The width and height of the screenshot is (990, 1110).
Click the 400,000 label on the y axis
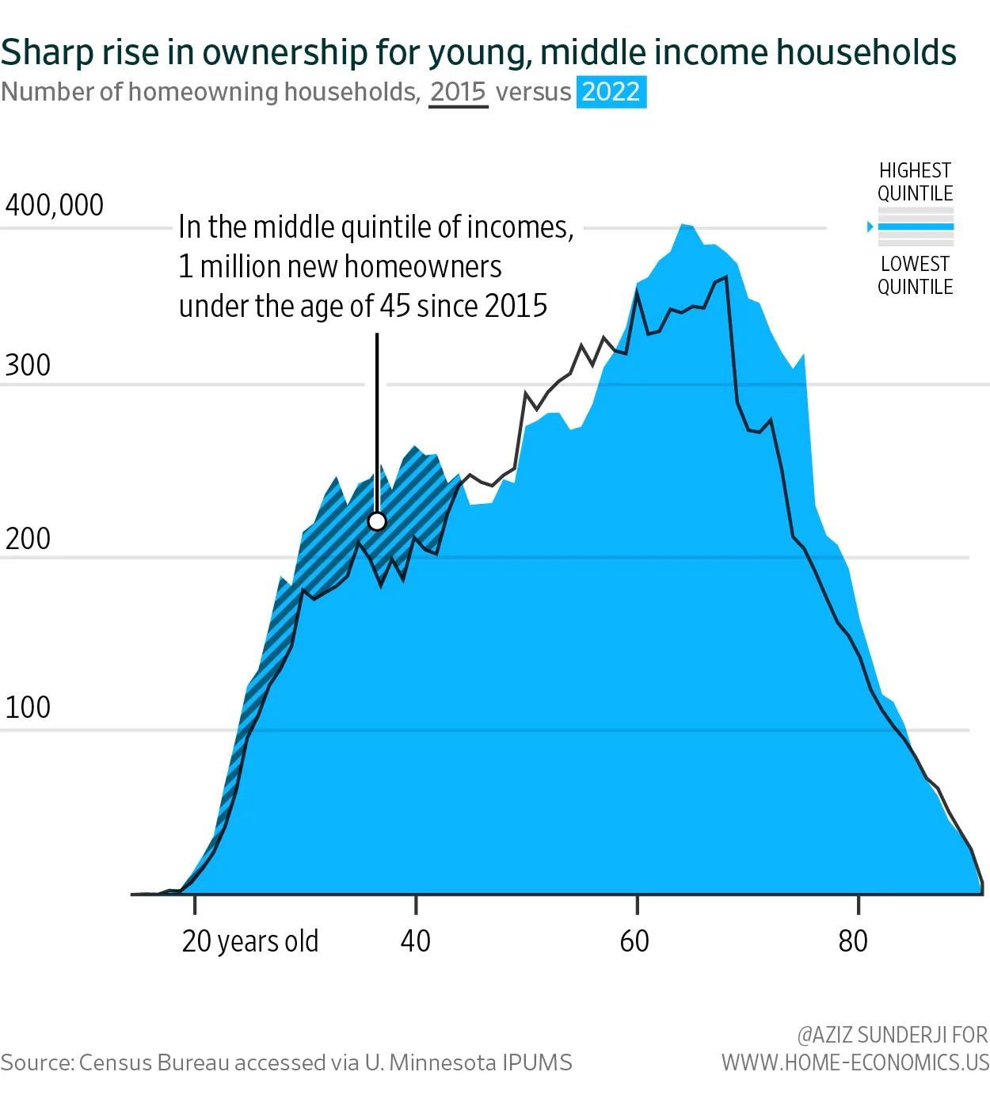click(54, 205)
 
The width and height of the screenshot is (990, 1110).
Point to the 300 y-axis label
click(28, 365)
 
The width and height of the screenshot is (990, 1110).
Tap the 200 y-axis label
click(28, 539)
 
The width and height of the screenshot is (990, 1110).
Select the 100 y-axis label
click(28, 708)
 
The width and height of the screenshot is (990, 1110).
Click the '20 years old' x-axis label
click(249, 941)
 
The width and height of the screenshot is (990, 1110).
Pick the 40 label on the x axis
click(416, 941)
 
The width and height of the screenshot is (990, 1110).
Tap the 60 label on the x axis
click(634, 941)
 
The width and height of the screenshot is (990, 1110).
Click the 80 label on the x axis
click(853, 941)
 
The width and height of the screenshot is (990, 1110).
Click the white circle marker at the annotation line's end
click(377, 521)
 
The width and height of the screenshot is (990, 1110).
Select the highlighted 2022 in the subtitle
click(611, 92)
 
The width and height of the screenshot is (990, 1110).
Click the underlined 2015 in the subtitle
click(458, 92)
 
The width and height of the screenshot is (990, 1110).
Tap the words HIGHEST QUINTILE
click(915, 182)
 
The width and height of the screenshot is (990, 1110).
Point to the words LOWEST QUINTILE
click(915, 275)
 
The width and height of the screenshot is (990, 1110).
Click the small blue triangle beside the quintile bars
click(870, 227)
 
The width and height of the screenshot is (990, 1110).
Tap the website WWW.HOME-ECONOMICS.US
click(855, 1062)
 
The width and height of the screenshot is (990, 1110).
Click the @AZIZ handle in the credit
click(835, 1035)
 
